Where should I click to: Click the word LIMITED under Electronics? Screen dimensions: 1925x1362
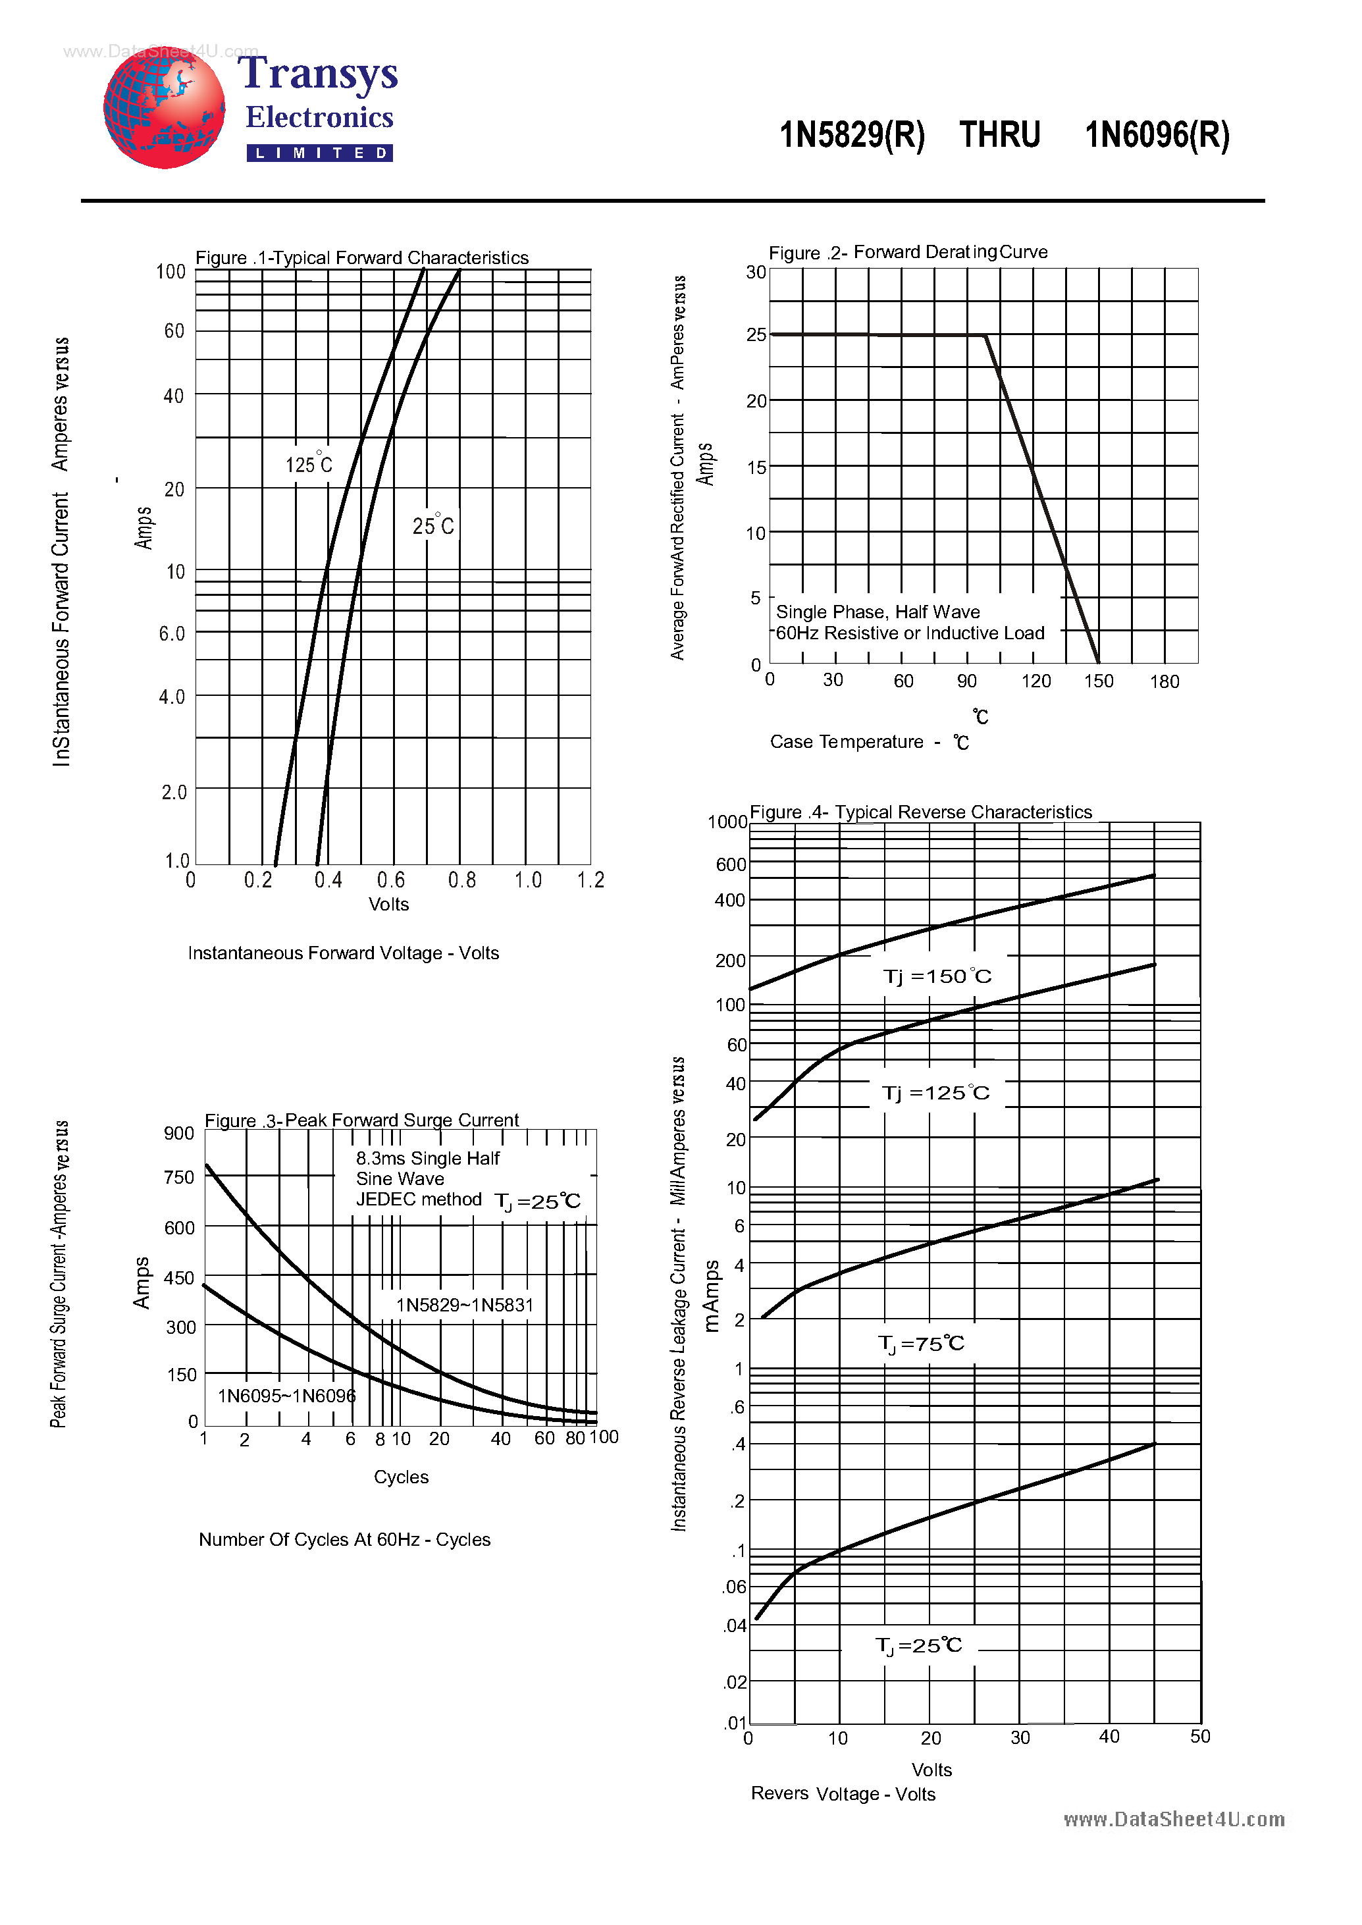[319, 153]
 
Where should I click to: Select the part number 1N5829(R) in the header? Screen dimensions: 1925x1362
[851, 135]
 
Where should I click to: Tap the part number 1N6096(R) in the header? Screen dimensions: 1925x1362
[1157, 135]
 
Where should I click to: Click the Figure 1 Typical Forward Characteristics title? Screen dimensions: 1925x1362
[361, 257]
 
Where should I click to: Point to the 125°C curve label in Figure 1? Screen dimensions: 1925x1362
[309, 464]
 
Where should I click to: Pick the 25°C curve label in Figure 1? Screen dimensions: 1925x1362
[432, 525]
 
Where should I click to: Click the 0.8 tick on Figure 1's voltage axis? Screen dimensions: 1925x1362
[461, 880]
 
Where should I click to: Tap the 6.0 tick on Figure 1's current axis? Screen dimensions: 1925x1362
[172, 634]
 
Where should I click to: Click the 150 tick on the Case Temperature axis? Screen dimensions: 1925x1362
[1098, 681]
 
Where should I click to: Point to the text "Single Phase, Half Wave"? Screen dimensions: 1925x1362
[877, 612]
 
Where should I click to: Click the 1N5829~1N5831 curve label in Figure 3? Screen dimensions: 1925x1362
[465, 1305]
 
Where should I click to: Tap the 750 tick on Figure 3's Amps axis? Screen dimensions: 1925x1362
[178, 1178]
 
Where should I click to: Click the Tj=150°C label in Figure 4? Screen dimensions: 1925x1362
[937, 976]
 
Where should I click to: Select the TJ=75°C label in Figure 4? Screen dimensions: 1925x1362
[921, 1344]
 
